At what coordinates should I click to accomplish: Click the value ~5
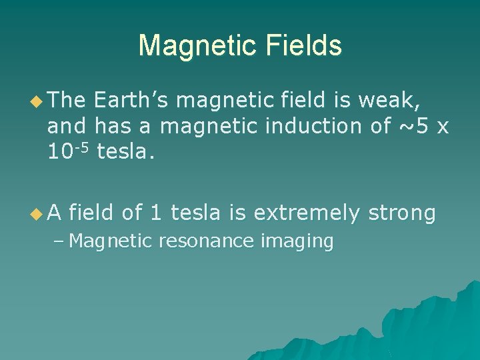click(x=413, y=125)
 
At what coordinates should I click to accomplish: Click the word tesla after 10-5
click(x=125, y=152)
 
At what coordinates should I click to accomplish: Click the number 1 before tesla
click(x=155, y=213)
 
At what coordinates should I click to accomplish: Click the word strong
click(x=402, y=213)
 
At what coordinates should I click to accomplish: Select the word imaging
click(x=297, y=241)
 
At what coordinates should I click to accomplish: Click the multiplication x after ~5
click(x=442, y=125)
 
